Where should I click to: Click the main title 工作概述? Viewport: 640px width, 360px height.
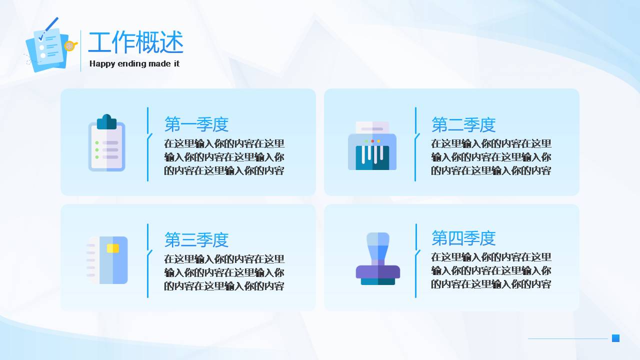(135, 42)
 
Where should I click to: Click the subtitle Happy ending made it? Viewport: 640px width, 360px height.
(134, 63)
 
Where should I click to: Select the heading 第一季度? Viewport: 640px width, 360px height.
(196, 124)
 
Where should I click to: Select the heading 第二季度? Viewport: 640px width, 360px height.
(463, 124)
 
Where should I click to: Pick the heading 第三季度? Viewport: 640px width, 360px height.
(196, 239)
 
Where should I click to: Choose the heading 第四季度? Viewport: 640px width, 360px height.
(463, 238)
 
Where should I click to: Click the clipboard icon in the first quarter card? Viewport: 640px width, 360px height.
(106, 142)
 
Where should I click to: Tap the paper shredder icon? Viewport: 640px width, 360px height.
(372, 145)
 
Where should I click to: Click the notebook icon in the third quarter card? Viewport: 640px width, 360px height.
(107, 260)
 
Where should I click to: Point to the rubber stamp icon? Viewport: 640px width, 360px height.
(377, 258)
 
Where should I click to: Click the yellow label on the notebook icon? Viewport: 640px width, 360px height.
(113, 248)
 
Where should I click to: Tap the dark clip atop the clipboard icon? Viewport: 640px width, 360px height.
(106, 122)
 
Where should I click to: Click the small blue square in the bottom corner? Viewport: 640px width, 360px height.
(615, 338)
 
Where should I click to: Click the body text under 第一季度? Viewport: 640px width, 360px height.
(224, 157)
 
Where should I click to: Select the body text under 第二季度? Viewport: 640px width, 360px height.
(491, 157)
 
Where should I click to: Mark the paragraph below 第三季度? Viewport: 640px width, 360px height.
(224, 272)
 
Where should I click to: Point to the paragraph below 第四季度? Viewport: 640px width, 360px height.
(491, 270)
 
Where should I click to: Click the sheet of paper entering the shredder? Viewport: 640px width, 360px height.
(372, 127)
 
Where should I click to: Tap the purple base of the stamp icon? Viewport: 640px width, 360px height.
(377, 271)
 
